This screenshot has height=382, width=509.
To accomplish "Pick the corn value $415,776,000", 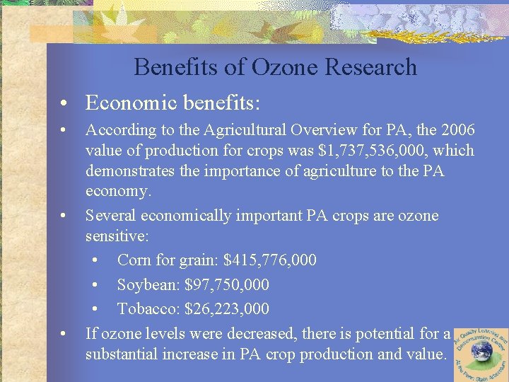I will coord(269,260).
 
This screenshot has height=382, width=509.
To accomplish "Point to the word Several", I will coord(110,215).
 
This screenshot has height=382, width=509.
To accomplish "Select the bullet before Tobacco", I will coord(97,310).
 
